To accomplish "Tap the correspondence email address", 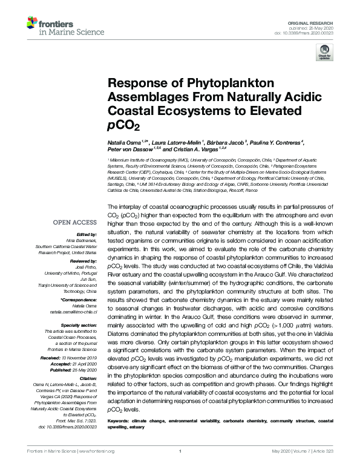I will (75, 311).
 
